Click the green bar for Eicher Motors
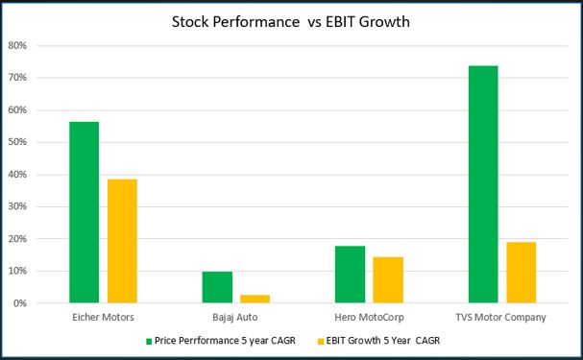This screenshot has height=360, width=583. coord(84,212)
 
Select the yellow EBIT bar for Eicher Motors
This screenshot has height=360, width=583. coord(122,241)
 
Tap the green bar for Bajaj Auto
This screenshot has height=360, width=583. coord(217,287)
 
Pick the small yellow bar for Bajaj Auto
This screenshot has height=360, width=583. coord(255,299)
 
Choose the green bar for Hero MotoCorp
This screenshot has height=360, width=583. coord(350,275)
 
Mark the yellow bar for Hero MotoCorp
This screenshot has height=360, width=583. coord(388,279)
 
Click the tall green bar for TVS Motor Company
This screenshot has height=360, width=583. coord(483,184)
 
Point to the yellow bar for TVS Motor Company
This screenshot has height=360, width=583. coord(522,273)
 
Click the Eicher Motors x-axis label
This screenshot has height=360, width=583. coord(103,317)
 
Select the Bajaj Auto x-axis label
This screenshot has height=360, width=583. coord(235,318)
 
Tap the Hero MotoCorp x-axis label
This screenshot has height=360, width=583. coord(369,318)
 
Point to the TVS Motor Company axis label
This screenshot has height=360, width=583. coord(500,318)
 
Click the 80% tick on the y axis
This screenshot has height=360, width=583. coord(17,46)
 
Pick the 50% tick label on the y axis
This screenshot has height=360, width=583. coord(17,142)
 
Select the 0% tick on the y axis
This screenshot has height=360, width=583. coord(20,303)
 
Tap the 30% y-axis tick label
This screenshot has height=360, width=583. coord(17,206)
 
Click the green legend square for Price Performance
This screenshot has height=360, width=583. coord(149,342)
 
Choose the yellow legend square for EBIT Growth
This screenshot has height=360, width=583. coord(321,342)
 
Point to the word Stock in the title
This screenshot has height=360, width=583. coord(190,22)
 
